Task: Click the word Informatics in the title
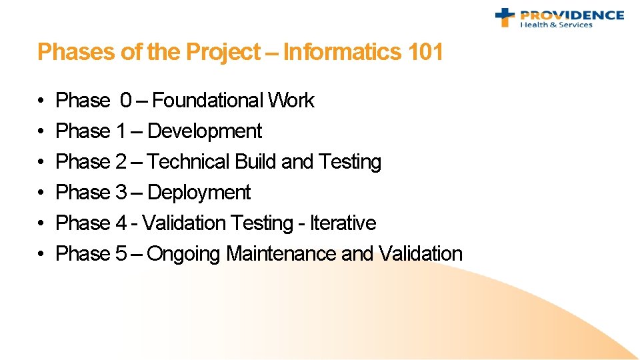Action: [x=341, y=52]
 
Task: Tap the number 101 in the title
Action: [x=424, y=52]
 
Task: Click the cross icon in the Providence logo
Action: [x=505, y=17]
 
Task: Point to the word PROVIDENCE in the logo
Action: [x=571, y=15]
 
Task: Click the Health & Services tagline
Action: [x=556, y=25]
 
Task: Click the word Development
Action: [x=205, y=131]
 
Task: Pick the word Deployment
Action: [x=199, y=193]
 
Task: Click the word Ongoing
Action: [x=184, y=254]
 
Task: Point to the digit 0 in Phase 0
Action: [x=126, y=101]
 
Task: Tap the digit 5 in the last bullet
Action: [x=121, y=254]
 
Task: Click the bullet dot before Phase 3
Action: [x=41, y=193]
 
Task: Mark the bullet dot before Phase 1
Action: [x=41, y=132]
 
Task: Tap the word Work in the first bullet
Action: [x=291, y=101]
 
